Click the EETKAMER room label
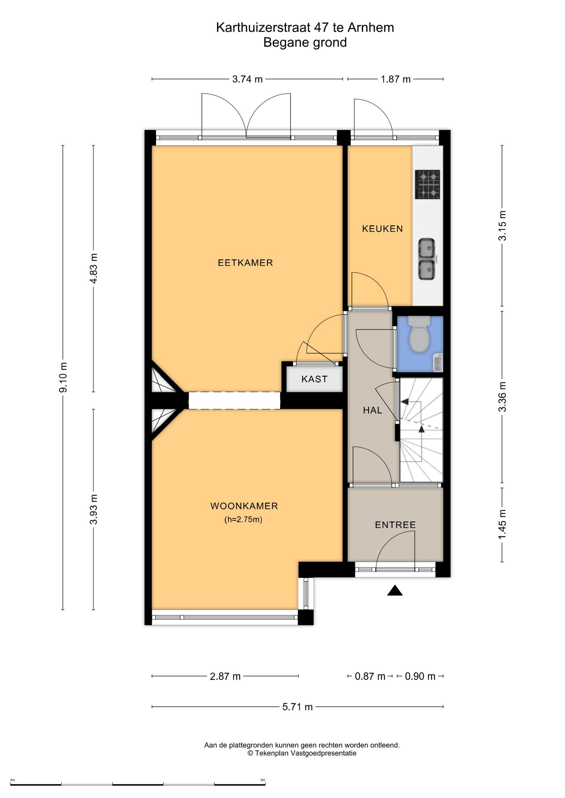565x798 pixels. pyautogui.click(x=245, y=263)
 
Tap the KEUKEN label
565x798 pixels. pyautogui.click(x=382, y=229)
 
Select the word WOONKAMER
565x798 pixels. pyautogui.click(x=244, y=506)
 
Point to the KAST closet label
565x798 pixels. pyautogui.click(x=314, y=379)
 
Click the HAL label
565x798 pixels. pyautogui.click(x=373, y=410)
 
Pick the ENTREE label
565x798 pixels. pyautogui.click(x=395, y=525)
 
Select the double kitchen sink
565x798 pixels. pyautogui.click(x=427, y=259)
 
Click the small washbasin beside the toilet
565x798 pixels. pyautogui.click(x=438, y=363)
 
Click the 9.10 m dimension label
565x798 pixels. pyautogui.click(x=63, y=378)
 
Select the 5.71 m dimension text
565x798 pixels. pyautogui.click(x=297, y=707)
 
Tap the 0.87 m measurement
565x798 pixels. pyautogui.click(x=370, y=676)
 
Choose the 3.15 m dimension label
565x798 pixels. pyautogui.click(x=503, y=225)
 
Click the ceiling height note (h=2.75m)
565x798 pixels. pyautogui.click(x=243, y=520)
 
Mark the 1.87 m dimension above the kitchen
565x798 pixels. pyautogui.click(x=395, y=79)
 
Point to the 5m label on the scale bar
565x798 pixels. pyautogui.click(x=263, y=780)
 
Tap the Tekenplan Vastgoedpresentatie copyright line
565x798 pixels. pyautogui.click(x=302, y=753)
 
